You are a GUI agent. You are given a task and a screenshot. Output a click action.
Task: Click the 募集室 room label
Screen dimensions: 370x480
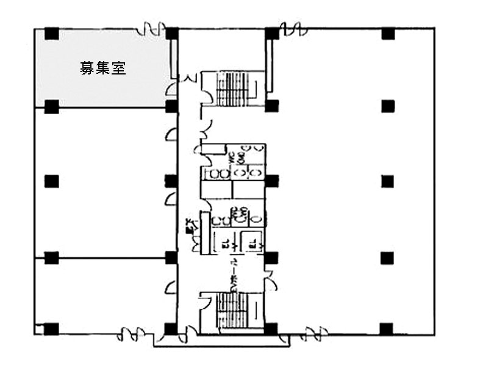click(102, 68)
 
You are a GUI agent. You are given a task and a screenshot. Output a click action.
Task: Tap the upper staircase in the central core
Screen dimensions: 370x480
click(231, 89)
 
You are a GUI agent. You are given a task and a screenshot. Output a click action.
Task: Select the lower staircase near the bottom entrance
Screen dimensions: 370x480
click(231, 311)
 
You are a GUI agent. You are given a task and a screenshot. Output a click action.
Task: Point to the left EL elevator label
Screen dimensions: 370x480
click(226, 243)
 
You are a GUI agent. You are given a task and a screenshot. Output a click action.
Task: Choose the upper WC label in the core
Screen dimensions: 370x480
click(232, 156)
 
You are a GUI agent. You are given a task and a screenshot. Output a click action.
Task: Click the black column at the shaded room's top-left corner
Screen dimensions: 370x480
click(51, 33)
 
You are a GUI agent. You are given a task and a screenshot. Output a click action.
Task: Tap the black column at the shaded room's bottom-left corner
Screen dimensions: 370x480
click(51, 106)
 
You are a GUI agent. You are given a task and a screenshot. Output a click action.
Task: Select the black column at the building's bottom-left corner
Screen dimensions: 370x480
click(51, 329)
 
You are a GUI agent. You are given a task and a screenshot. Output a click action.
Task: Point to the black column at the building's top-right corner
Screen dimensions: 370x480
click(387, 33)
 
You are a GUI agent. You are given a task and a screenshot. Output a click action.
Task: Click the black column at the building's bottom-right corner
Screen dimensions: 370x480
click(387, 329)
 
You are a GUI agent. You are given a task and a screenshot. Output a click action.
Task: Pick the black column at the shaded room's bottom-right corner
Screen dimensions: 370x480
click(172, 106)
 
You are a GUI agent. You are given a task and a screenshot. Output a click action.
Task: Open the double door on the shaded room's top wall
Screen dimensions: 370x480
click(152, 28)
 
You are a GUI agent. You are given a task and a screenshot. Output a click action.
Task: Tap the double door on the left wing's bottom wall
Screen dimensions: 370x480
click(134, 334)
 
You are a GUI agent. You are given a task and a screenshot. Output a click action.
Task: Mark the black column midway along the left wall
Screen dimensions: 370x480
click(51, 181)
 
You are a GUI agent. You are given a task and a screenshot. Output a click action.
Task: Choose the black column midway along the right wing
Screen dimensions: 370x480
click(387, 181)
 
